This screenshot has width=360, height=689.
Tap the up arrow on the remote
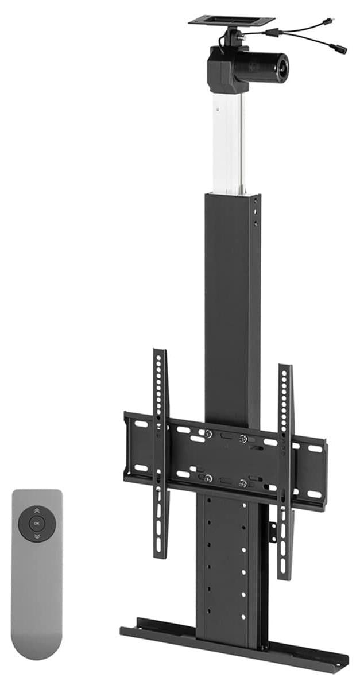(37, 511)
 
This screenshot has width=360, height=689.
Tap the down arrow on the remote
(37, 536)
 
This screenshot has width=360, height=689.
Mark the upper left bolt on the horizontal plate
(208, 433)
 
